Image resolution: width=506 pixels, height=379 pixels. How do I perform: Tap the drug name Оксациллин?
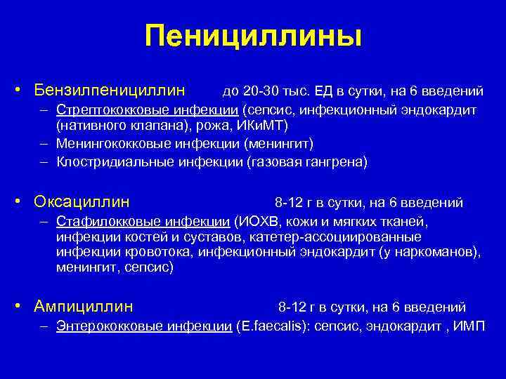click(83, 202)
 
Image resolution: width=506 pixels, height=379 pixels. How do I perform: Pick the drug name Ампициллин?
click(84, 307)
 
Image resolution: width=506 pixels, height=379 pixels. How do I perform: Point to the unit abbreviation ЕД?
click(324, 91)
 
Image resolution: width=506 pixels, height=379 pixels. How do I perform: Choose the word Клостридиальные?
click(106, 161)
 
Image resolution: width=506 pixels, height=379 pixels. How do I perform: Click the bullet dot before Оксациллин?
click(23, 202)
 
